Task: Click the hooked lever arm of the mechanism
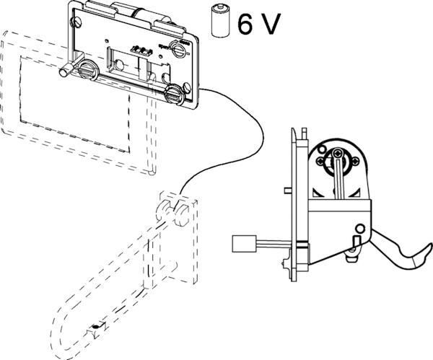[x=408, y=254]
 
